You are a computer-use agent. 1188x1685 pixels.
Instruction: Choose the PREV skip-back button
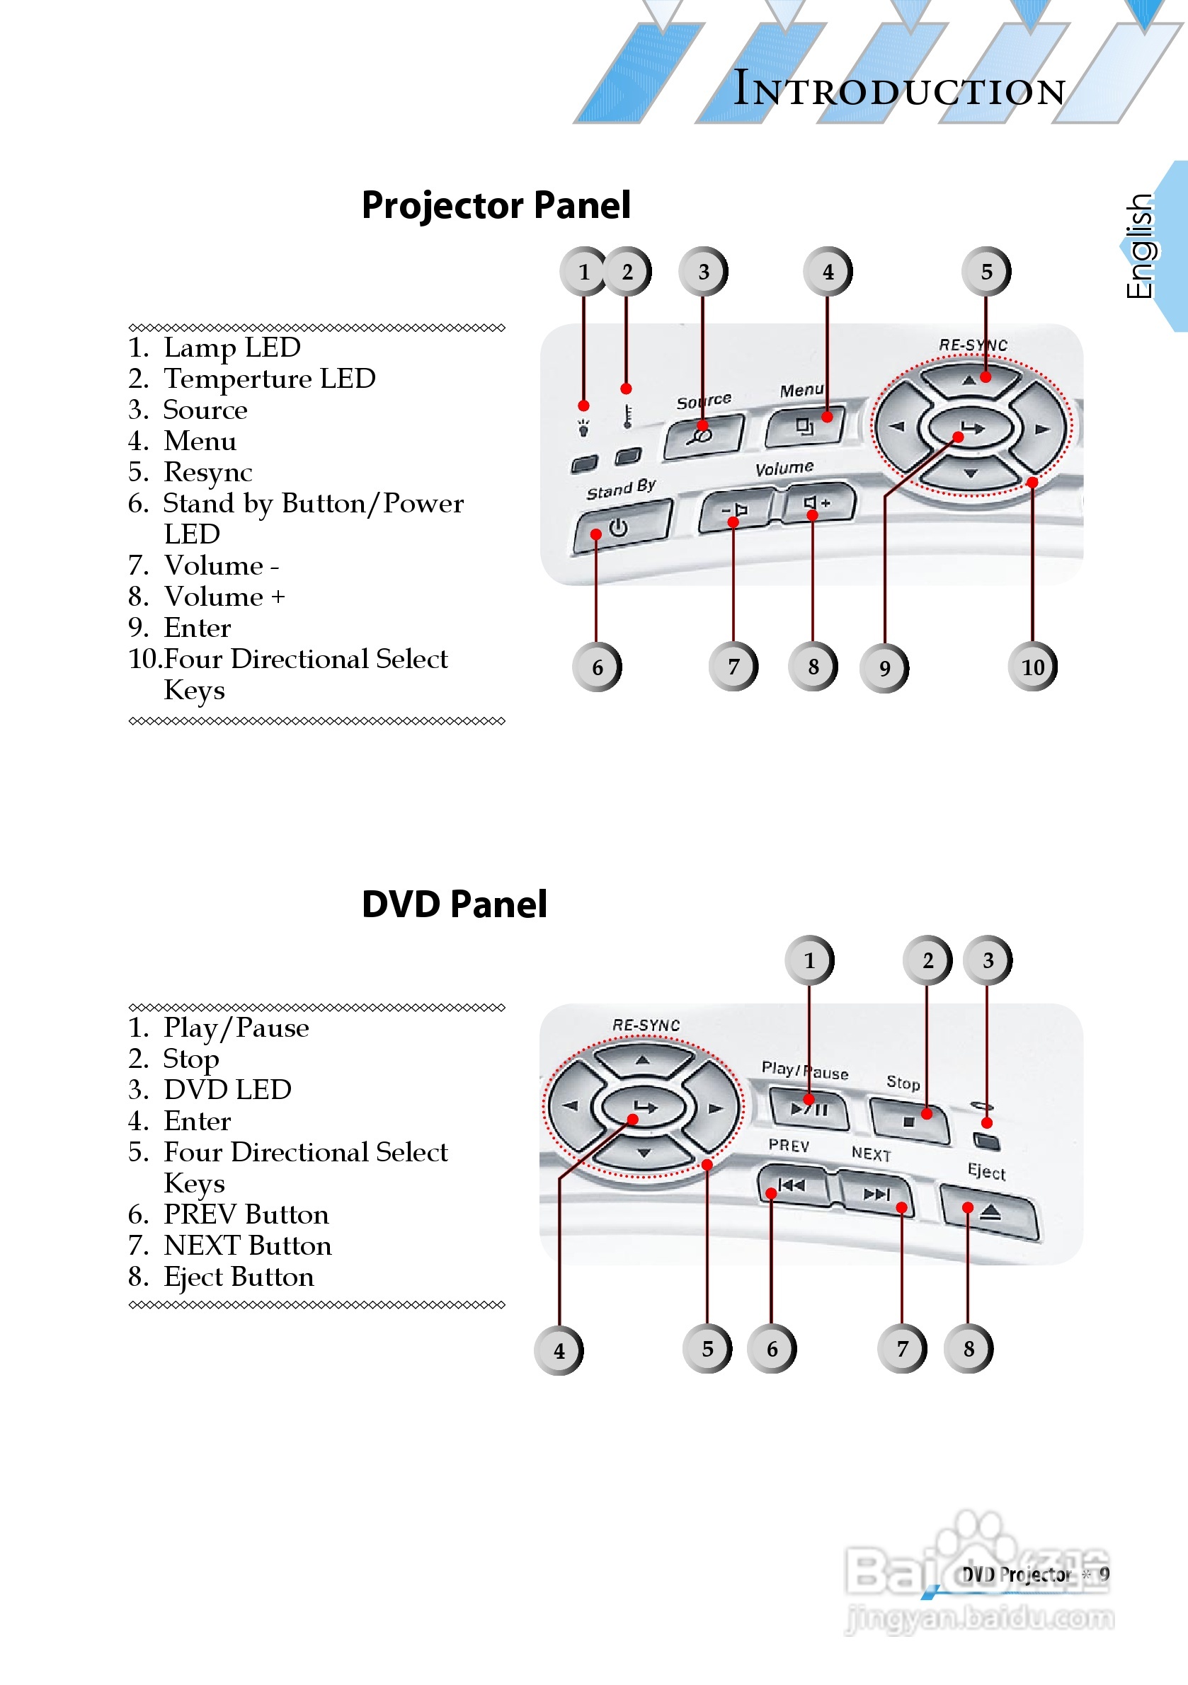click(792, 1185)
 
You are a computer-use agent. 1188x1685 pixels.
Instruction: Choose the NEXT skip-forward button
click(876, 1194)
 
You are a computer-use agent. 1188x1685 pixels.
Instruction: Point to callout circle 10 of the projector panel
click(1032, 667)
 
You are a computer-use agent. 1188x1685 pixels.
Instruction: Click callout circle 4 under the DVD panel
click(559, 1350)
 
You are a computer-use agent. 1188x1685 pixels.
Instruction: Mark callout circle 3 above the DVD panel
click(988, 960)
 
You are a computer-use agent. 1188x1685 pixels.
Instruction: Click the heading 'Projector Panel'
click(496, 205)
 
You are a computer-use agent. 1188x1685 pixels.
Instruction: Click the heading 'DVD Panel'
click(454, 904)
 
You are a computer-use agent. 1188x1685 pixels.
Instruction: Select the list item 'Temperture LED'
click(269, 379)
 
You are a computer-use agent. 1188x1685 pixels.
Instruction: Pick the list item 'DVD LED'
click(227, 1090)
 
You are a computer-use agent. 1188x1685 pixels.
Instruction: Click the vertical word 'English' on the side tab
click(1140, 246)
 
